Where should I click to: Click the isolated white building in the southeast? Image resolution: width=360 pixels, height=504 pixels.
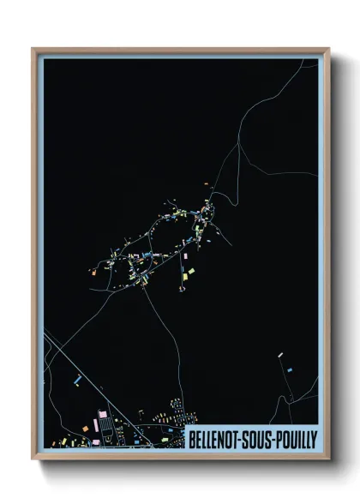(280, 353)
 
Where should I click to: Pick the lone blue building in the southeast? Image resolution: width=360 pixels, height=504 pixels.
(289, 369)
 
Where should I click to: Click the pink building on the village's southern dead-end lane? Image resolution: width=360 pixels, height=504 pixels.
(184, 255)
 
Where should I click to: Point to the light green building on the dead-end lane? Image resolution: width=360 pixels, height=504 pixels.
(190, 272)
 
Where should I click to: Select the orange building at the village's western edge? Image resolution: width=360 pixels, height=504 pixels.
(93, 273)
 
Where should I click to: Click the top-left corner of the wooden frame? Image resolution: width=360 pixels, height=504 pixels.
(34, 50)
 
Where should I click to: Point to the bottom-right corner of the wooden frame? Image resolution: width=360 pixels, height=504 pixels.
(327, 458)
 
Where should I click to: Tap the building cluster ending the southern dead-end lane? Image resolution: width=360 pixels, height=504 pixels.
(182, 289)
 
